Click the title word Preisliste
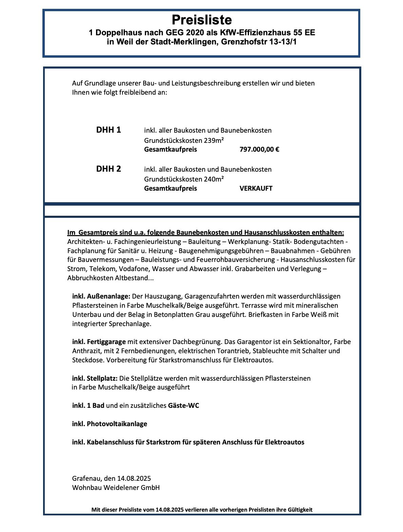tap(201, 20)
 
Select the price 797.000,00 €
tap(259, 149)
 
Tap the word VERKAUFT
tap(256, 188)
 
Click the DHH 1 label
tap(109, 130)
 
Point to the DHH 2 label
tap(109, 169)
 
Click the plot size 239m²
tap(214, 140)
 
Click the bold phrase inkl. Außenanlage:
tap(101, 296)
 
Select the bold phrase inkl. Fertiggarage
tap(99, 342)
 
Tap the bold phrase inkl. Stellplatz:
tap(95, 378)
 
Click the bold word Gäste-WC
tap(184, 405)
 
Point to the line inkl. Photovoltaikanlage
tap(110, 424)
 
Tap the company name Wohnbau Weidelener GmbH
tap(116, 488)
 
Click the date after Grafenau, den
tap(134, 478)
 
